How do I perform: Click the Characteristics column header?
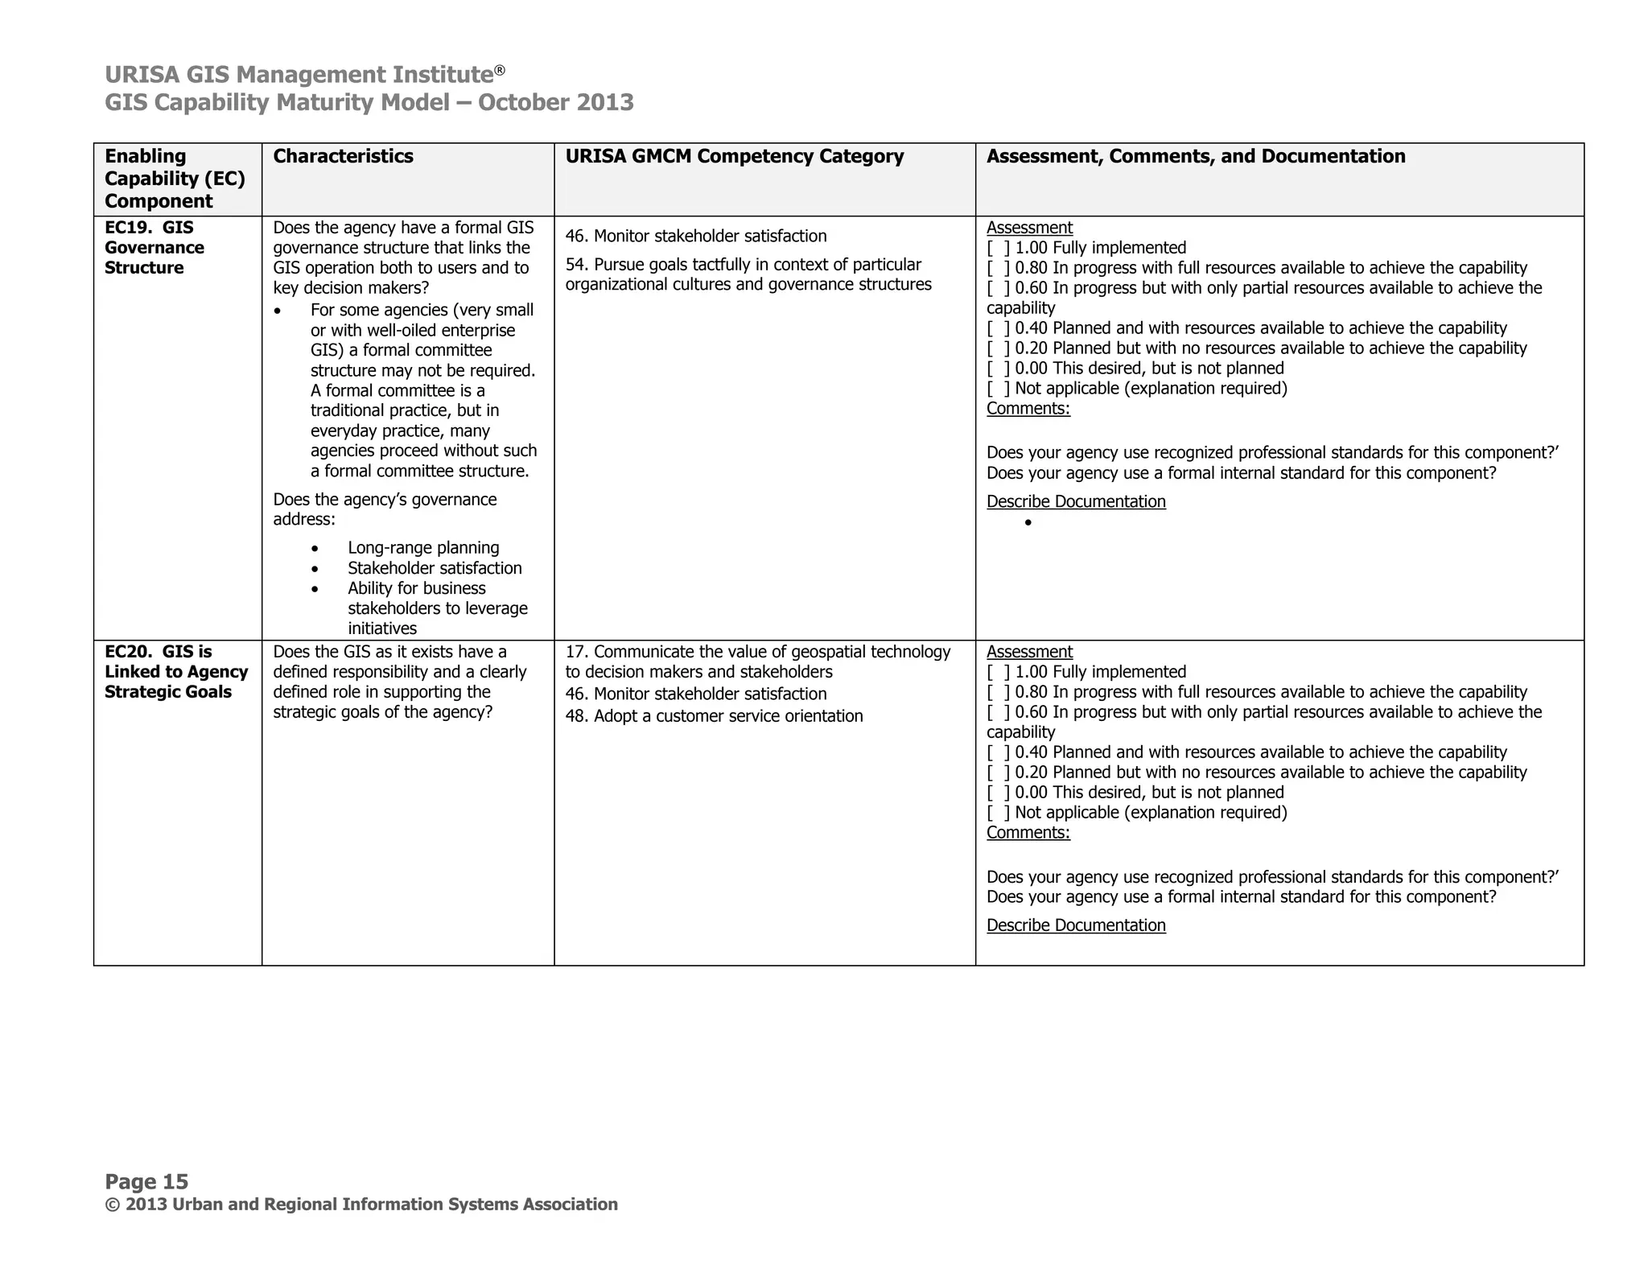tap(343, 156)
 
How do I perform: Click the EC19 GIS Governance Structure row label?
tap(154, 247)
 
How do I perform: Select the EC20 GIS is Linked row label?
tap(175, 671)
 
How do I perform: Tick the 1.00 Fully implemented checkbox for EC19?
tap(998, 248)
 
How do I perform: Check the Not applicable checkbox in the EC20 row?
tap(998, 813)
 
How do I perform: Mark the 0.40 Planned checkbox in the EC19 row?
tap(998, 328)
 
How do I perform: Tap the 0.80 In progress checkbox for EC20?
tap(998, 692)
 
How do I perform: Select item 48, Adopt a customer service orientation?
tap(713, 716)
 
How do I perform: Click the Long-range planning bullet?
tap(422, 548)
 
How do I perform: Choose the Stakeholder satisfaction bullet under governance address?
tap(434, 568)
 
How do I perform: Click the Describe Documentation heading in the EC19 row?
tap(1075, 501)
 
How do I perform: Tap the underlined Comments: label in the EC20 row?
tap(1028, 833)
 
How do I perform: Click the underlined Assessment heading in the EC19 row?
tap(1029, 228)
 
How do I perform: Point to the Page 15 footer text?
tap(146, 1181)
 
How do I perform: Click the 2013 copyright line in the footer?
tap(360, 1205)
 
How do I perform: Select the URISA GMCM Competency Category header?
tap(734, 156)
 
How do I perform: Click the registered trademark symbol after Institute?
tap(500, 70)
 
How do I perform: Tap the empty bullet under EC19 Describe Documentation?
tap(1028, 523)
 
